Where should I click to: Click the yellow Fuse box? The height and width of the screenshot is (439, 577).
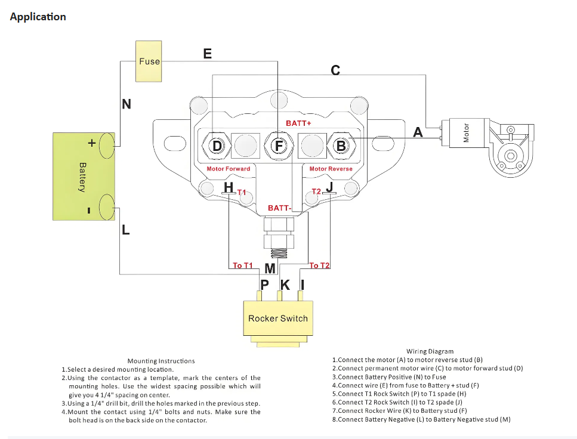pos(149,61)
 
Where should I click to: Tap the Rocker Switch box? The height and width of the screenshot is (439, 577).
pos(277,319)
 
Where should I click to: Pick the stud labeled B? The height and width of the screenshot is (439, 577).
pos(341,146)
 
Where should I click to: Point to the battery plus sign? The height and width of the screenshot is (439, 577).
pos(92,143)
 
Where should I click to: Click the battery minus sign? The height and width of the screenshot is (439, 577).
pos(89,210)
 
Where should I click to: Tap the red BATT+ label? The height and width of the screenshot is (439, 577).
pos(298,123)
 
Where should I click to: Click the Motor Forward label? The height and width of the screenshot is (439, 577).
pos(228,169)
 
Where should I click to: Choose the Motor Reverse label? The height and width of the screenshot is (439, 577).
pos(331,169)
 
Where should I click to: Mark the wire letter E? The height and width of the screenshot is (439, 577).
pos(207,54)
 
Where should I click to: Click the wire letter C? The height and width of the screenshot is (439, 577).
pos(335,70)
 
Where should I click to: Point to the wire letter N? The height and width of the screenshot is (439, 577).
pos(126,104)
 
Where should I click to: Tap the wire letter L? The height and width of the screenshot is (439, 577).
pos(125,230)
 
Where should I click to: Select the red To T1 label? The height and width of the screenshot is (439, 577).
pos(243,265)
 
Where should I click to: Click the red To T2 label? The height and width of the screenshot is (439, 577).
pos(320,265)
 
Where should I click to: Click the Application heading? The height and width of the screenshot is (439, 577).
pos(38,17)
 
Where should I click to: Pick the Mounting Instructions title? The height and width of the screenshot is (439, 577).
pos(161,361)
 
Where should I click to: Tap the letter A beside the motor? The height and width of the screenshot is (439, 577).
pos(418,132)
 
